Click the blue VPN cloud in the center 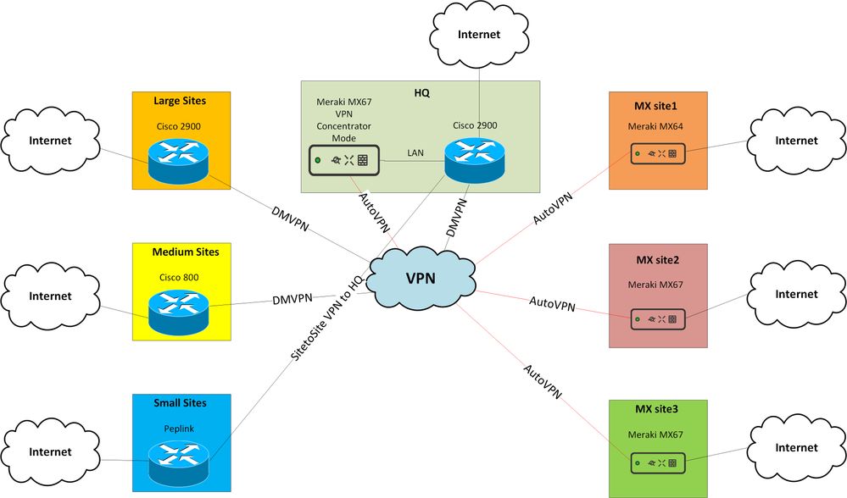[x=421, y=276]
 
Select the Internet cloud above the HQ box [x=479, y=35]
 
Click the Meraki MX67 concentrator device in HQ [x=342, y=159]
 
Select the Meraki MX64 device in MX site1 [x=658, y=154]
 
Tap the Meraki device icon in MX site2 [x=658, y=319]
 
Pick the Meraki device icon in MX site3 [x=658, y=463]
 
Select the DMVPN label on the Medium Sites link [x=293, y=298]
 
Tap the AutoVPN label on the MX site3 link [x=542, y=381]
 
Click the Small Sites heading [x=179, y=403]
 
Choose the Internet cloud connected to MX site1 [x=796, y=141]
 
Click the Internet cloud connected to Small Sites [x=50, y=452]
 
